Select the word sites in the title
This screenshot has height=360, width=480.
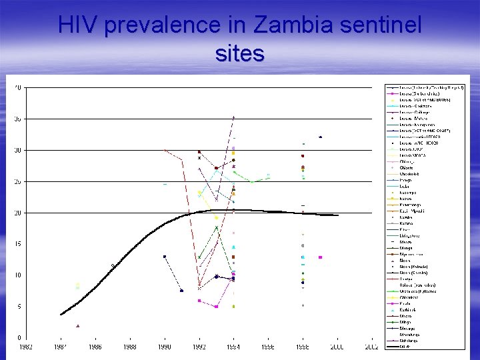click(240, 53)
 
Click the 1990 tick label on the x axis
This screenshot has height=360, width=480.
click(164, 347)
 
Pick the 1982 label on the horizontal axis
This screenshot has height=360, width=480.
click(25, 347)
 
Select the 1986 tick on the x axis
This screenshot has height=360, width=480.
click(95, 347)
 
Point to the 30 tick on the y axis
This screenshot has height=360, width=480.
click(17, 150)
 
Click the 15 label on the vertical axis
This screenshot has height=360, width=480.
click(17, 244)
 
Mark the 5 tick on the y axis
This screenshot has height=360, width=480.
click(18, 307)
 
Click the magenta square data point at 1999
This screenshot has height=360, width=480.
click(321, 257)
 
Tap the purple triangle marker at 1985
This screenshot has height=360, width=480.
click(78, 326)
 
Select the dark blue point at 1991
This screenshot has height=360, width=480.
click(181, 290)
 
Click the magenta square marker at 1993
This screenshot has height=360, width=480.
click(216, 307)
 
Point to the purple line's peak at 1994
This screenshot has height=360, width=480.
click(233, 117)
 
